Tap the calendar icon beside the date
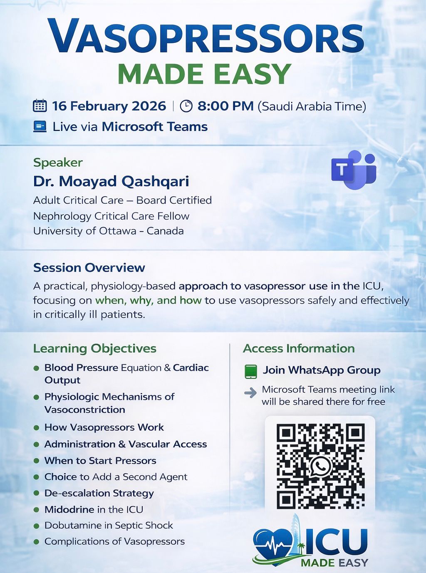(x=40, y=106)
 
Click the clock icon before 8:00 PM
(x=186, y=106)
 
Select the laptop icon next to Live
(x=40, y=126)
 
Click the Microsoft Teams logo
(x=354, y=170)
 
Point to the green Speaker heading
(x=58, y=163)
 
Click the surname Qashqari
(x=155, y=182)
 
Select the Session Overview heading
(x=89, y=268)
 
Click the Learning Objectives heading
(x=94, y=348)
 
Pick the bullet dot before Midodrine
(x=37, y=510)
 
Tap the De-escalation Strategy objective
(x=99, y=493)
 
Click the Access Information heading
(x=299, y=348)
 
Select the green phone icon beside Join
(x=251, y=371)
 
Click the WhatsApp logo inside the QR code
(x=320, y=466)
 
